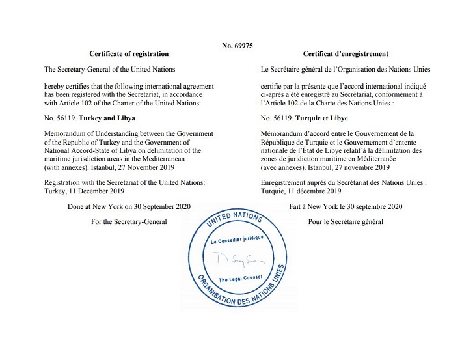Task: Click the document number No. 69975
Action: pos(237,46)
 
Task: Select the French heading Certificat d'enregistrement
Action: pos(346,54)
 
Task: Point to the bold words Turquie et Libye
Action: pos(321,119)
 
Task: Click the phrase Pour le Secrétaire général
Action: pos(346,222)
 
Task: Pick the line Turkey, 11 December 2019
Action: pos(83,191)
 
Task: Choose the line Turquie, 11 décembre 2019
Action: pos(302,191)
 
